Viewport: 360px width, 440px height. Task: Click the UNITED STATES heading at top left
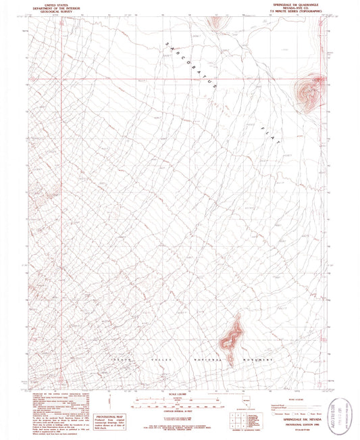pyautogui.click(x=42, y=4)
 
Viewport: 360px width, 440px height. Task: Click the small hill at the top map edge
pyautogui.click(x=215, y=22)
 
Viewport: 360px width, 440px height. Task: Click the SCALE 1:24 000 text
pyautogui.click(x=180, y=374)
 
